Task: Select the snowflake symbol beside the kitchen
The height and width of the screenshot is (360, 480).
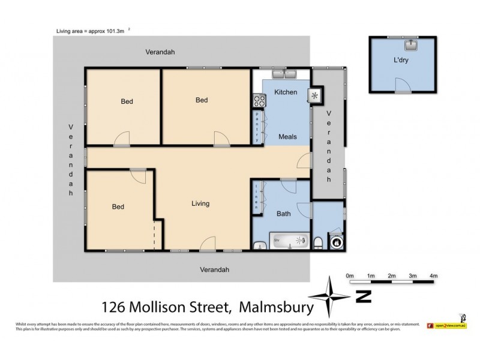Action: click(x=314, y=95)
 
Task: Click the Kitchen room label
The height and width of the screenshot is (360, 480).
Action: click(x=286, y=92)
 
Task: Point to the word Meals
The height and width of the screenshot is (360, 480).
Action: click(x=288, y=137)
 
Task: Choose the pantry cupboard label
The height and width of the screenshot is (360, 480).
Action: click(x=258, y=127)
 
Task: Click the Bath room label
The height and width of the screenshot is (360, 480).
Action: click(x=283, y=214)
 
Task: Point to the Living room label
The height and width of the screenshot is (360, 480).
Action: click(x=200, y=203)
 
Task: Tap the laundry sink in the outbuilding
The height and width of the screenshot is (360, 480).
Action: click(x=411, y=44)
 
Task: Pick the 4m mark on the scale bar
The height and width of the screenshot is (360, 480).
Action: click(x=434, y=276)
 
